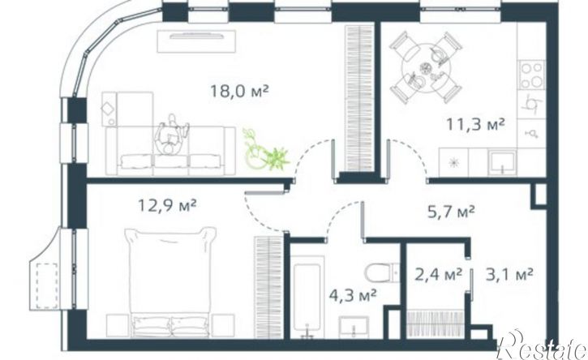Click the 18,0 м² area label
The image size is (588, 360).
tap(239, 91)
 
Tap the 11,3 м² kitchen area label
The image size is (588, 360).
tap(475, 124)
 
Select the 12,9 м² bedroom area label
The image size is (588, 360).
tap(167, 205)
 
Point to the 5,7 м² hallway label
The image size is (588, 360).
tap(451, 212)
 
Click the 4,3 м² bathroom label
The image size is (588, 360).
tap(353, 295)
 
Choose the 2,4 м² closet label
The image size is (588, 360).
tap(438, 275)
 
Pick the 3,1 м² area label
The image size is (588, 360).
tap(509, 275)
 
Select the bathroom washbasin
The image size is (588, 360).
tap(354, 327)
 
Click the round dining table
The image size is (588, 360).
tap(426, 68)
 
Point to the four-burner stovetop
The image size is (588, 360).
tap(532, 75)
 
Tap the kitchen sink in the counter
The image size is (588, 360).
tap(501, 163)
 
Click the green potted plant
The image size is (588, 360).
tap(265, 150)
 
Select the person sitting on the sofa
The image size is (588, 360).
tap(171, 135)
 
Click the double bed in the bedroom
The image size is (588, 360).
tap(170, 281)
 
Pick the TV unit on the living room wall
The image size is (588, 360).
tap(197, 41)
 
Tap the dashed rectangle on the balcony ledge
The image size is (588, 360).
tap(47, 285)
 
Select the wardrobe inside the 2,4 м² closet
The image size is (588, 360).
tap(436, 324)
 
